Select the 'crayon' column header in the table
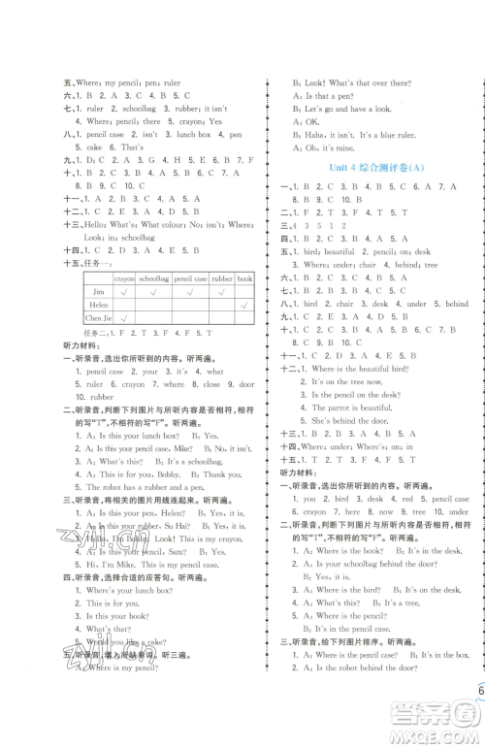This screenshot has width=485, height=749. coord(123,277)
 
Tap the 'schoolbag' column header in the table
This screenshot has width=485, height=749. coord(154,277)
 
